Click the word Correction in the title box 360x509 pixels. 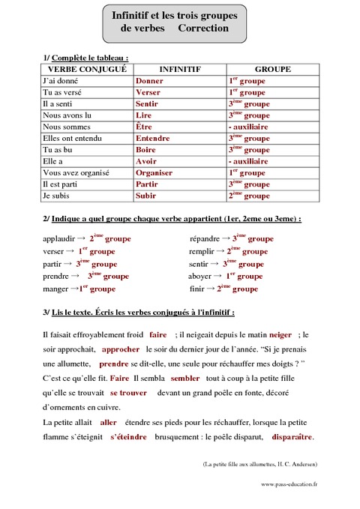(203, 28)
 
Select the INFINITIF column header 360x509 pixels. (179, 69)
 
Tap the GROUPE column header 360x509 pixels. (272, 69)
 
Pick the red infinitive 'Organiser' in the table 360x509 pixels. (154, 172)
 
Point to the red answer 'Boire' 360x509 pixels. (145, 149)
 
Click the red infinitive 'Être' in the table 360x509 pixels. (144, 127)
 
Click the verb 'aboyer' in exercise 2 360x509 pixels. (201, 276)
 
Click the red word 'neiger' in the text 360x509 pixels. (280, 335)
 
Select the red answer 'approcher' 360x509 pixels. (121, 349)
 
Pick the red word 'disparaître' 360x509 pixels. (292, 437)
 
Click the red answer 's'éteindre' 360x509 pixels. (128, 437)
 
